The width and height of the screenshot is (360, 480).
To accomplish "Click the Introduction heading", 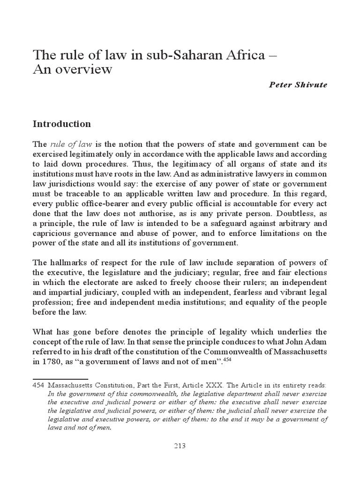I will [61, 124].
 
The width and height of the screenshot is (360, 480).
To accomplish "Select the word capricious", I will [50, 233].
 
